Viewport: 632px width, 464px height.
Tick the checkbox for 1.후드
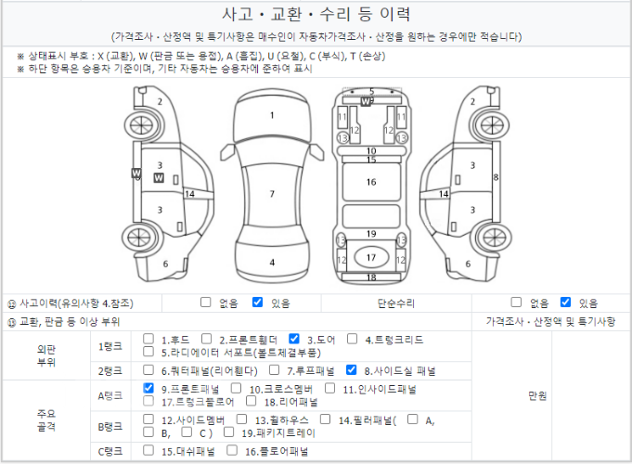tap(148, 339)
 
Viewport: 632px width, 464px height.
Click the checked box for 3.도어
tap(294, 339)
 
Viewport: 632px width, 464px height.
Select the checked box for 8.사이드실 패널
tap(351, 369)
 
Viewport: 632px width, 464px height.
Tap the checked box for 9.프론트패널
tap(148, 388)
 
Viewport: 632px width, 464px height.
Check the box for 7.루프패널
tap(274, 369)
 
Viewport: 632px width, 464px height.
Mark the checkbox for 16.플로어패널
tap(232, 450)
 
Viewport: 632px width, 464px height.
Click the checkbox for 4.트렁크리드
tap(352, 339)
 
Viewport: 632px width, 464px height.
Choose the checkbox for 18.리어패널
tap(252, 401)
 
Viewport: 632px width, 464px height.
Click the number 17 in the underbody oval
tap(371, 258)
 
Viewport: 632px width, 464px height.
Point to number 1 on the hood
tap(272, 115)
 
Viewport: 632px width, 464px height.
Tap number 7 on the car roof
tap(272, 194)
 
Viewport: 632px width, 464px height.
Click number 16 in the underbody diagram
tap(371, 182)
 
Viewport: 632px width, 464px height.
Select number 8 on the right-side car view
tap(496, 177)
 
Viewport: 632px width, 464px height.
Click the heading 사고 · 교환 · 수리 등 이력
tap(316, 15)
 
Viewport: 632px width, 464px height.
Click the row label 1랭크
tap(110, 346)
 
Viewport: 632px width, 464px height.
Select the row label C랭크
tap(110, 452)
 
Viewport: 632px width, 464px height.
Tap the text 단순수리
tap(395, 303)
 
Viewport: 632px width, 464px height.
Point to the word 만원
tap(537, 396)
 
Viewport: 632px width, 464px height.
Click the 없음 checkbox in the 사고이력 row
tap(205, 302)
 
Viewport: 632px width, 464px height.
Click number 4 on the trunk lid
tap(272, 263)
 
